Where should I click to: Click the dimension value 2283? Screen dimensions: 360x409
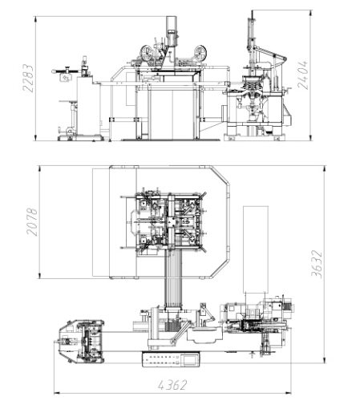click(28, 78)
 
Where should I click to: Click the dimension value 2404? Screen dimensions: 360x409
click(303, 75)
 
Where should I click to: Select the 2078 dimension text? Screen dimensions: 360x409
click(32, 221)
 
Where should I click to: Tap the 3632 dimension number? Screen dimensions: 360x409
click(317, 264)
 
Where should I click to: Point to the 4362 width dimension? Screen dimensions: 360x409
click(172, 385)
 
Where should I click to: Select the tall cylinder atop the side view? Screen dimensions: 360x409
click(172, 30)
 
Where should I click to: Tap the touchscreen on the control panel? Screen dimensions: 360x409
click(191, 359)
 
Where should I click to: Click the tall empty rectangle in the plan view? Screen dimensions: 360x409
click(256, 249)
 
